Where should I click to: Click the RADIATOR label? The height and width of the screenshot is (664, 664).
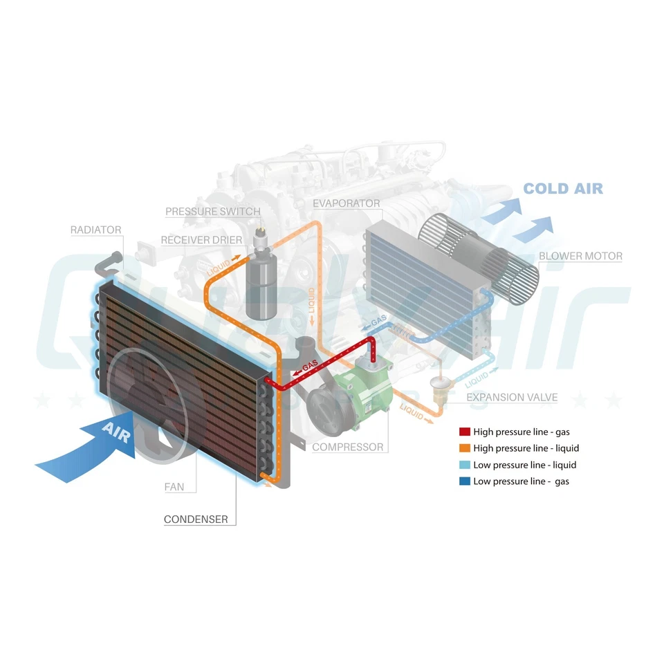point(95,230)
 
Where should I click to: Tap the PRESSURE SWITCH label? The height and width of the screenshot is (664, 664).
point(212,211)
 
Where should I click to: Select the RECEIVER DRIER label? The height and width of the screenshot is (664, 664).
point(201,240)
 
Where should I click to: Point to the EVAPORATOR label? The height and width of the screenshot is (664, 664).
point(346,203)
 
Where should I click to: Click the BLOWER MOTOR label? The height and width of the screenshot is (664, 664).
point(580,256)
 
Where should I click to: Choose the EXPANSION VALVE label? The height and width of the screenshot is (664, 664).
point(512,397)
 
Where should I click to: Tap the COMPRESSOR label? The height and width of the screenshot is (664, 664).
point(347,447)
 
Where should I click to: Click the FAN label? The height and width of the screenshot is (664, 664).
point(174,487)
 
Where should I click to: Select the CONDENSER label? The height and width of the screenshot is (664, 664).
point(196,519)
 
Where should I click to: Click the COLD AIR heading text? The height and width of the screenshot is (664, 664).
point(562,188)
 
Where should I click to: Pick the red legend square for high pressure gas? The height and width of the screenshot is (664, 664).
point(465,432)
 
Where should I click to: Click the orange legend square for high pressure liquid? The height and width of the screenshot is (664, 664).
point(465,448)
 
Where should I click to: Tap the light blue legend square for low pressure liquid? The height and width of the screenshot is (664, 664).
point(465,465)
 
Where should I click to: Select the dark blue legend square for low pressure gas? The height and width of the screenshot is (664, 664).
point(465,481)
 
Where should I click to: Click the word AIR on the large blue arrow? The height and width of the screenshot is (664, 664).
point(115,434)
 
